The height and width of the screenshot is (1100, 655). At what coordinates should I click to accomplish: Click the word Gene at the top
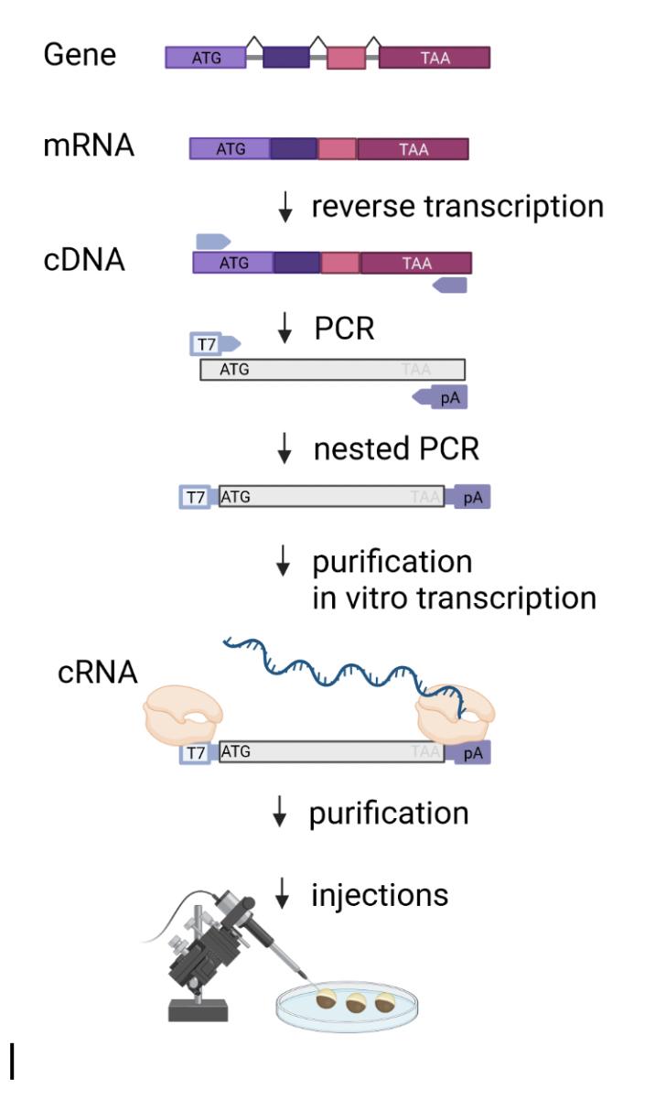80,56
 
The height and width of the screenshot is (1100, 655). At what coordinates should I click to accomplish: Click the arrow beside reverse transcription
286,210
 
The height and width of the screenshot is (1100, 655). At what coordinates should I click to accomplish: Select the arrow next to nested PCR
286,449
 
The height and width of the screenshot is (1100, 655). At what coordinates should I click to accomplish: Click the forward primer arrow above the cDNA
213,241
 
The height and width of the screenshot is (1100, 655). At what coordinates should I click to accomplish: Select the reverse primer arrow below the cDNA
450,286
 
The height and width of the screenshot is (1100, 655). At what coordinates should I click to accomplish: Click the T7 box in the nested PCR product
195,497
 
